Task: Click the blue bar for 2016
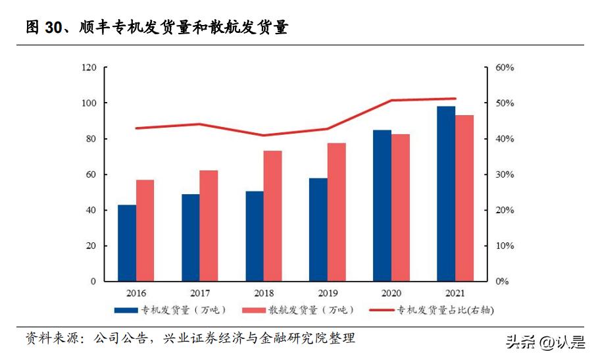tap(127, 243)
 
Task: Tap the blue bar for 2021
tap(446, 193)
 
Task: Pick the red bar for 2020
tap(401, 207)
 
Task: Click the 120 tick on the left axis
tap(89, 68)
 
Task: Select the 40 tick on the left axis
tap(91, 211)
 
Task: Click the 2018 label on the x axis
tap(264, 294)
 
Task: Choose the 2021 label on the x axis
tap(455, 294)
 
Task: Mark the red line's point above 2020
tap(391, 101)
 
